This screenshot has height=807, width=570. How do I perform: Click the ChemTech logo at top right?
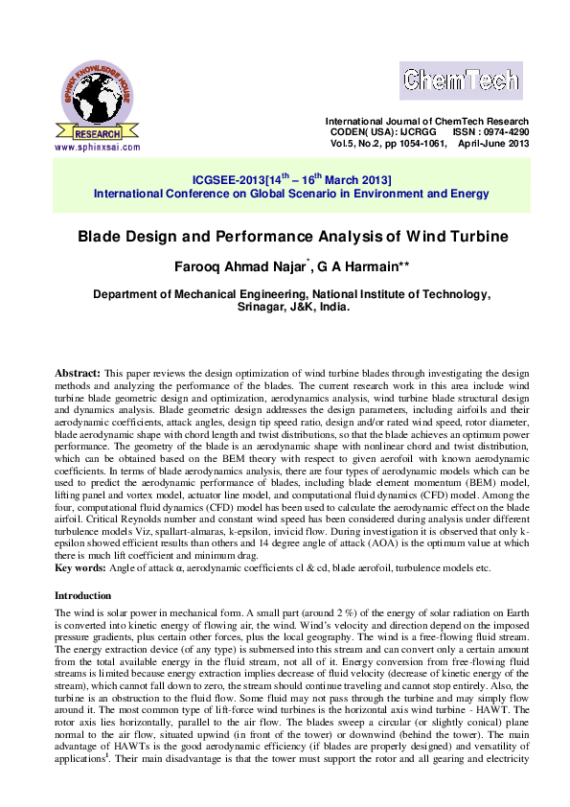460,80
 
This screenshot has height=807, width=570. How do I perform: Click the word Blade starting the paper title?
98,236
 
